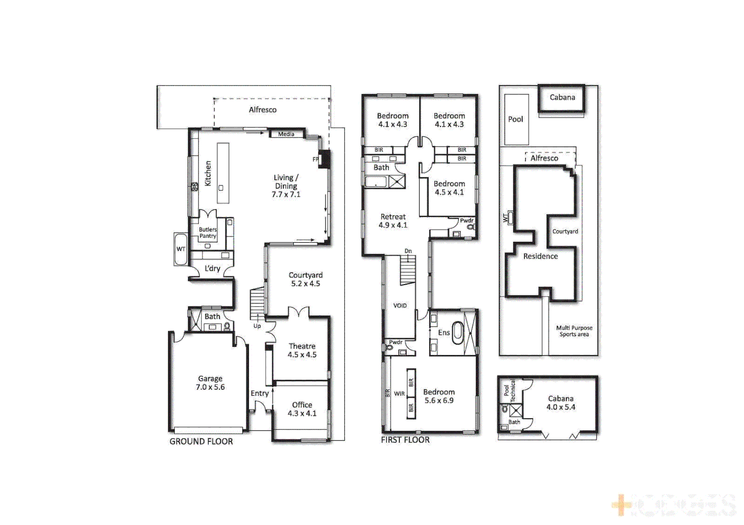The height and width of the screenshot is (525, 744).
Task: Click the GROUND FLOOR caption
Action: [201, 441]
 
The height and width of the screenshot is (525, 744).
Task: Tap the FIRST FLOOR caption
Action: [405, 440]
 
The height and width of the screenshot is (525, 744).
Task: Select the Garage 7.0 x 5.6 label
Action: [210, 383]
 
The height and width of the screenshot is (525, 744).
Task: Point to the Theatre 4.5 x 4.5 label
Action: [302, 350]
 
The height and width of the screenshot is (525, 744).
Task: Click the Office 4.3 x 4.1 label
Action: [302, 409]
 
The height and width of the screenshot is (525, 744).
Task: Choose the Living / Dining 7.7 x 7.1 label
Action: [286, 186]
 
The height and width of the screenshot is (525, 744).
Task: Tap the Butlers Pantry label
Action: [208, 233]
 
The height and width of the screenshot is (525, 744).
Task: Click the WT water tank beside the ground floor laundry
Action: [181, 249]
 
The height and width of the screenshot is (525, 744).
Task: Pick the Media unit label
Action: [286, 134]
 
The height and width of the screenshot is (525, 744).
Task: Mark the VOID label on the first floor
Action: [400, 306]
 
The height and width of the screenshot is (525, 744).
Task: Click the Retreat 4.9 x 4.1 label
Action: [393, 221]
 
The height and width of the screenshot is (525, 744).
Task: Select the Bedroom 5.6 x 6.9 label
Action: [439, 396]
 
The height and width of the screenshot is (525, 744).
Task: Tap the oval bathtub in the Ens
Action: [458, 333]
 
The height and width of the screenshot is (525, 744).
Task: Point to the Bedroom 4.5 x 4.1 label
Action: [449, 188]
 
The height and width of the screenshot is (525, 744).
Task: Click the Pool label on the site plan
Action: [516, 119]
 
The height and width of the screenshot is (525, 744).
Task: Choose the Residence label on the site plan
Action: [541, 256]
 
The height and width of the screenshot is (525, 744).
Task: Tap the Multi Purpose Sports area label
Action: [574, 331]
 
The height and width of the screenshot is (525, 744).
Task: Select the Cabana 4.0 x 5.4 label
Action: [561, 403]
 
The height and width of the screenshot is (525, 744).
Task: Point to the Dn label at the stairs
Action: [408, 251]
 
